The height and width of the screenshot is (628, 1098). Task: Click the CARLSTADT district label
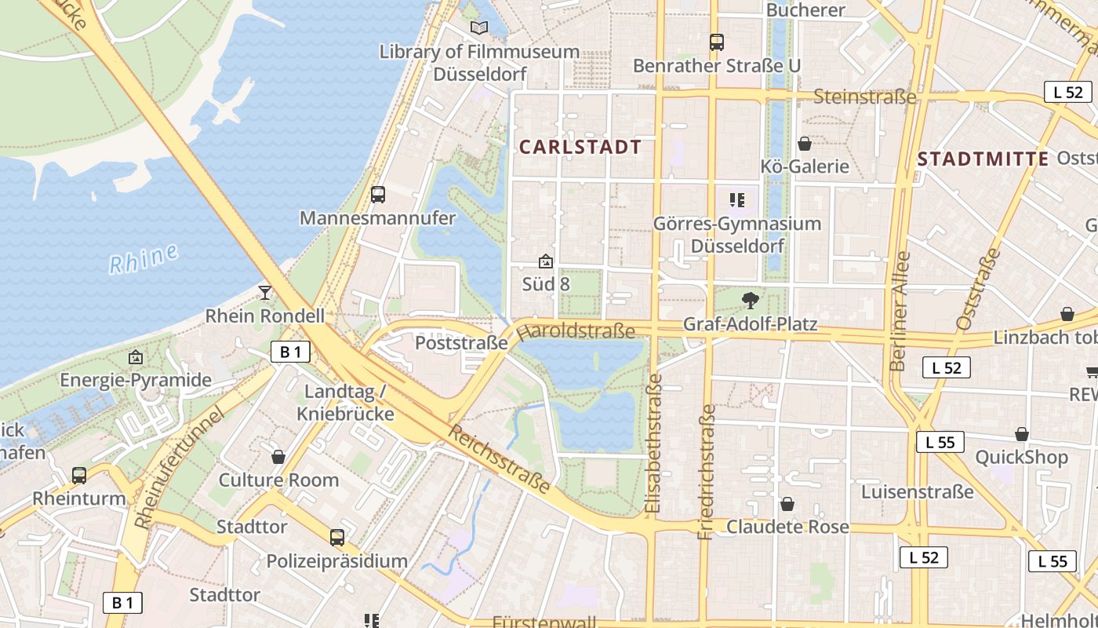pyautogui.click(x=580, y=147)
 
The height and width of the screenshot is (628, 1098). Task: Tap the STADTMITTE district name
pyautogui.click(x=983, y=159)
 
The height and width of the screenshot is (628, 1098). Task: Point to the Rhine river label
pyautogui.click(x=143, y=259)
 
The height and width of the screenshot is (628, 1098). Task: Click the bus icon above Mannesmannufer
pyautogui.click(x=378, y=195)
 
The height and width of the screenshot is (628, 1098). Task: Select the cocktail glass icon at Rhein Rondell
pyautogui.click(x=265, y=293)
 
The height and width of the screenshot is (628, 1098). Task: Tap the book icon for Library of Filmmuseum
pyautogui.click(x=479, y=28)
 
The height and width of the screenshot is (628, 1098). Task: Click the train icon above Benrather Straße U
pyautogui.click(x=716, y=42)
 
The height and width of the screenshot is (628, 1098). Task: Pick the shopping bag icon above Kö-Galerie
pyautogui.click(x=805, y=144)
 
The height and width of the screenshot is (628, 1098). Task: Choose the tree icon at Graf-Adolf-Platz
pyautogui.click(x=751, y=300)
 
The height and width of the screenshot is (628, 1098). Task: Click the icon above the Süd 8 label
pyautogui.click(x=546, y=261)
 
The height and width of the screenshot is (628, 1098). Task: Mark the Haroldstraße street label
pyautogui.click(x=576, y=331)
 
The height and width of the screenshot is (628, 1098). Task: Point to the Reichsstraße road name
pyautogui.click(x=499, y=459)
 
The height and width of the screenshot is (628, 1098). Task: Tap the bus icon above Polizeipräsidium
pyautogui.click(x=337, y=538)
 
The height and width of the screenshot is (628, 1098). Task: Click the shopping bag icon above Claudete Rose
pyautogui.click(x=787, y=503)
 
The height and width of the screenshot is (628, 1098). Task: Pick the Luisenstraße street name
pyautogui.click(x=917, y=492)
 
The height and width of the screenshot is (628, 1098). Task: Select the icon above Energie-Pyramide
pyautogui.click(x=136, y=357)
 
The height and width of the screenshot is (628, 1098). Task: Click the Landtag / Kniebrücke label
pyautogui.click(x=345, y=402)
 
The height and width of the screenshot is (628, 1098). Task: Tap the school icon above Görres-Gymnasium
pyautogui.click(x=736, y=200)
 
